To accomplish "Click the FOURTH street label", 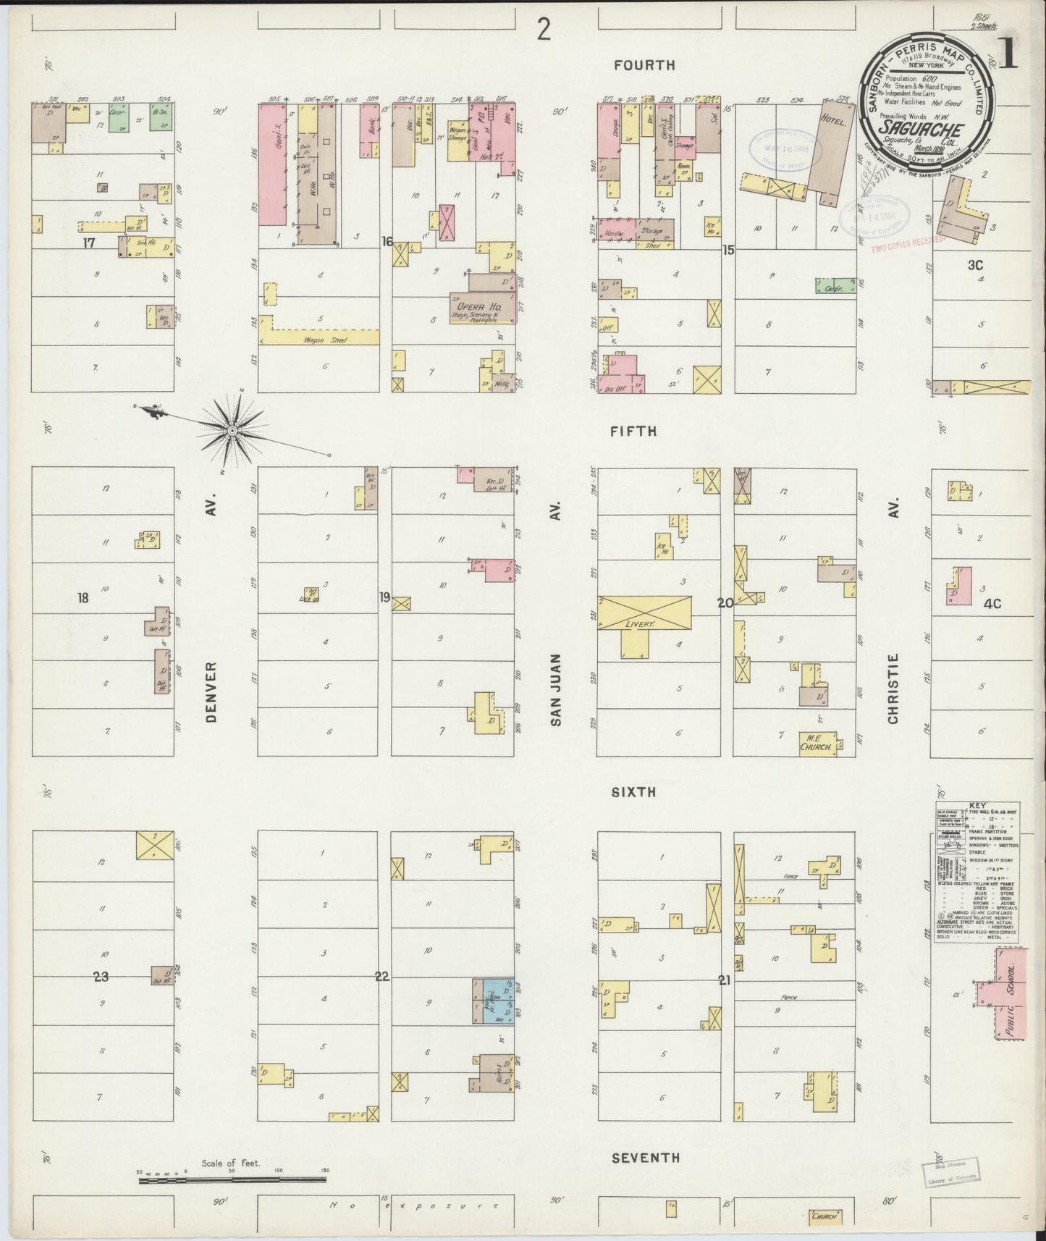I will (644, 65).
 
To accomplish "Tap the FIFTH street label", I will (633, 432).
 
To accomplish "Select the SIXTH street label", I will (633, 792).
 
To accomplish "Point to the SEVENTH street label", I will (646, 1158).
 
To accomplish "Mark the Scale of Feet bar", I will (232, 1181).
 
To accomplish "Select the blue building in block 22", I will (497, 1001).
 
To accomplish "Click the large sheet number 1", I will (1008, 57).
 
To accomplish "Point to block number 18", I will (84, 598).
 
